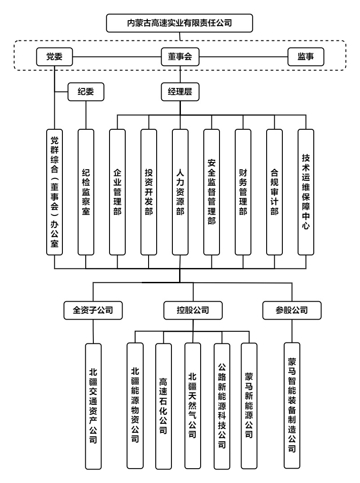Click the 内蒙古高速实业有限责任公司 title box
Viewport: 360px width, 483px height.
(x=180, y=22)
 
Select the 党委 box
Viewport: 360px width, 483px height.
(x=54, y=57)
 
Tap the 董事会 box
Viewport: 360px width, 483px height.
(x=180, y=57)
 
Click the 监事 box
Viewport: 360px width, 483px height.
(x=305, y=57)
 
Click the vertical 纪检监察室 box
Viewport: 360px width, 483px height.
(x=86, y=192)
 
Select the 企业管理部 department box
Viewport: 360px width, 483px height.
(x=117, y=192)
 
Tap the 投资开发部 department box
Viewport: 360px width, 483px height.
(x=149, y=192)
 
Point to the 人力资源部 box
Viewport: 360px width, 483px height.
(x=180, y=192)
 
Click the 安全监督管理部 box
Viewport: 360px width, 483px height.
(x=211, y=192)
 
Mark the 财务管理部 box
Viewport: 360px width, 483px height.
(x=243, y=192)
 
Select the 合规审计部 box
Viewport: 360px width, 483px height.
(x=274, y=192)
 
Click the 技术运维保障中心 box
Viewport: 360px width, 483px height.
(x=306, y=192)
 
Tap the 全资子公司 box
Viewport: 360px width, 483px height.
(x=92, y=310)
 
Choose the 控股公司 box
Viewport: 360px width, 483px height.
(x=193, y=310)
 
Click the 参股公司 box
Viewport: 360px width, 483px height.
(x=293, y=310)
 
